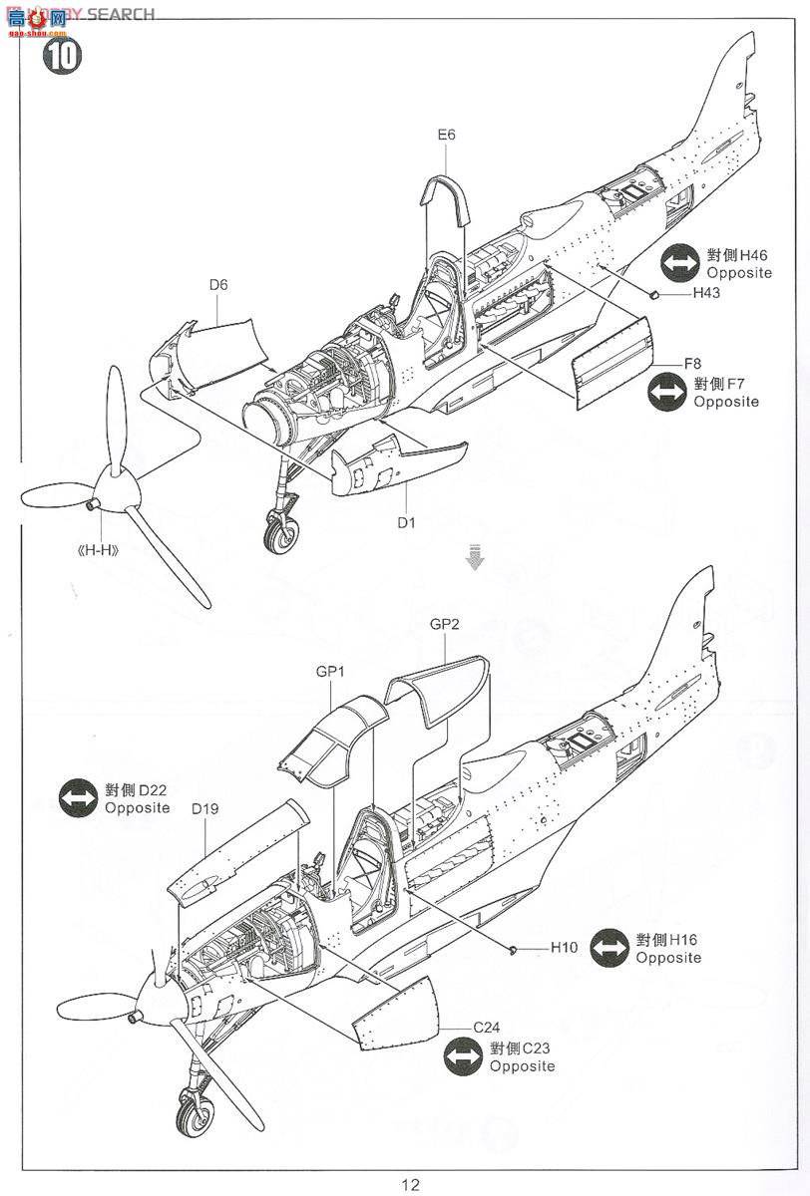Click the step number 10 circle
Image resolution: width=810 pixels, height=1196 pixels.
61,56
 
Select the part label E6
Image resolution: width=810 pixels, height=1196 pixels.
445,135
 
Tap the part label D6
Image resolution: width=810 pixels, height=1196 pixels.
218,285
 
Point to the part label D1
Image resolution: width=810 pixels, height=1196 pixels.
407,520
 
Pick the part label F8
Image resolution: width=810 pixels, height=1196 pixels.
692,363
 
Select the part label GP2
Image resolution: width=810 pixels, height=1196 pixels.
444,624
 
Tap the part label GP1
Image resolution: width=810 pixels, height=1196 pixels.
330,672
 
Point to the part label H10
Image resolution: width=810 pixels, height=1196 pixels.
564,948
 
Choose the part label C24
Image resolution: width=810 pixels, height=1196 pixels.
487,1027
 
